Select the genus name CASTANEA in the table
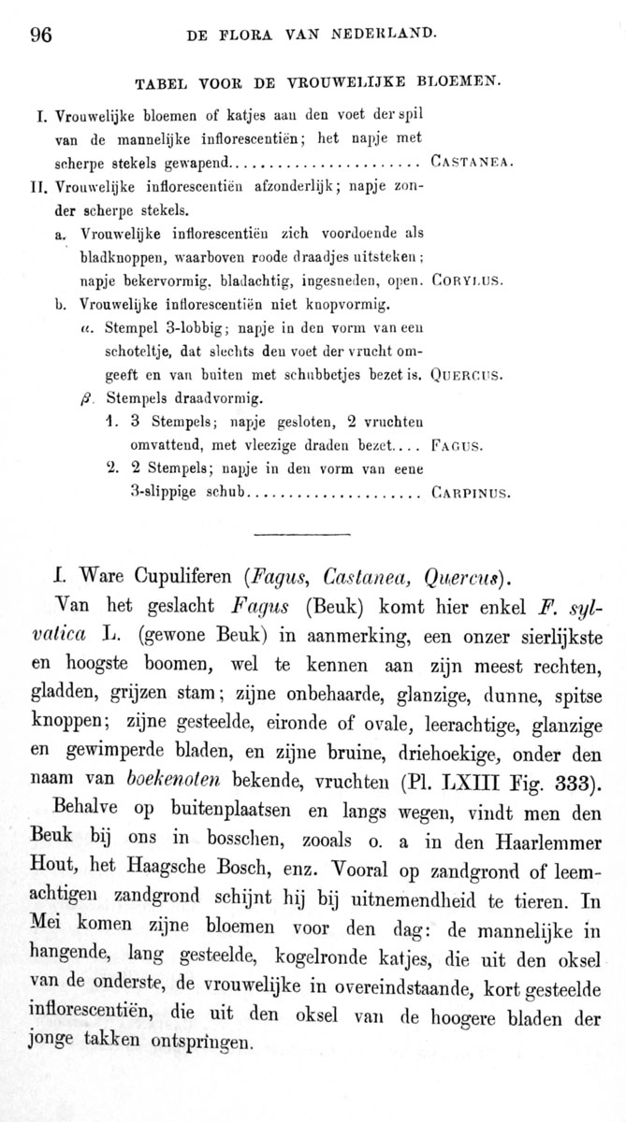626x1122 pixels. pos(473,161)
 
